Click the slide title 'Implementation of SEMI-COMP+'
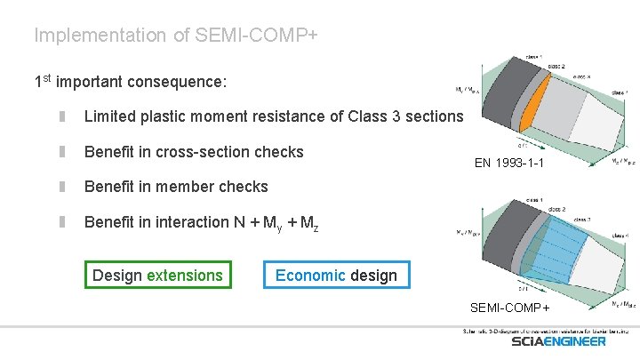pyautogui.click(x=176, y=36)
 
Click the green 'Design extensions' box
pyautogui.click(x=157, y=275)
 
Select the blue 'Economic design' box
pyautogui.click(x=336, y=275)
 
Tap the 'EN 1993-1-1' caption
pyautogui.click(x=508, y=164)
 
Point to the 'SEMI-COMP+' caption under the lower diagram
pyautogui.click(x=509, y=308)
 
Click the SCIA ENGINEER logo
pyautogui.click(x=558, y=341)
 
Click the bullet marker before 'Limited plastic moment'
pyautogui.click(x=63, y=116)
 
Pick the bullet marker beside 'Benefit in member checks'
pyautogui.click(x=63, y=187)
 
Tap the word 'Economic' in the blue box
pyautogui.click(x=310, y=275)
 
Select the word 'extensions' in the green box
pyautogui.click(x=185, y=275)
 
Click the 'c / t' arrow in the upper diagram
pyautogui.click(x=524, y=146)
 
